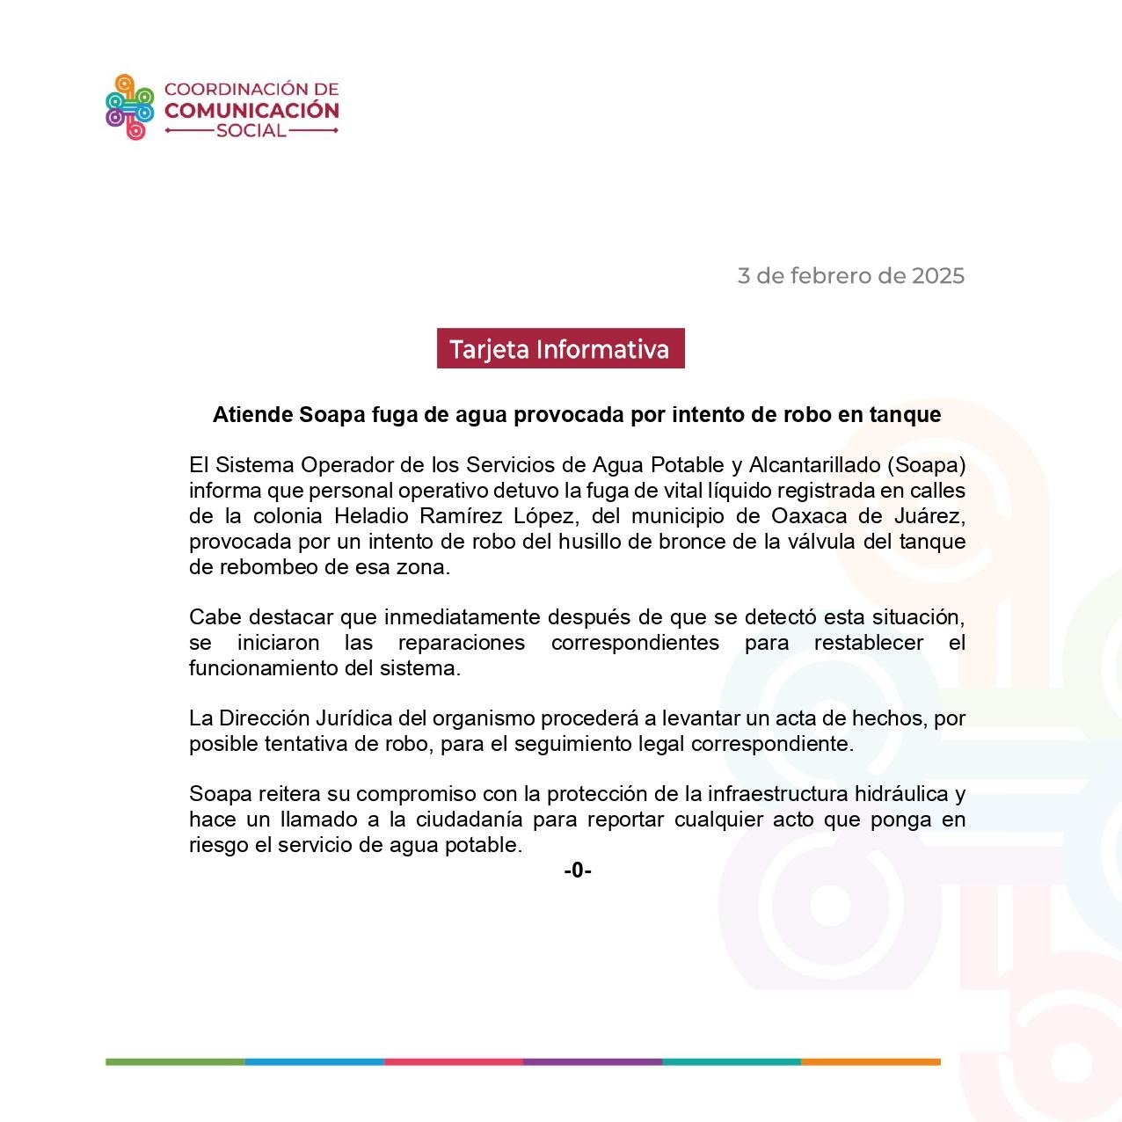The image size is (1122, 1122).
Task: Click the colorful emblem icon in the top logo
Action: point(130,107)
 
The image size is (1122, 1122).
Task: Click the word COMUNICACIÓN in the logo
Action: point(251,111)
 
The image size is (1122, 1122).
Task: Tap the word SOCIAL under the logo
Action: point(251,131)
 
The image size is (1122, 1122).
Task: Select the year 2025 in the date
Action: point(937,276)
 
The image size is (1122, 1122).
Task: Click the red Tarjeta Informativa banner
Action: point(560,349)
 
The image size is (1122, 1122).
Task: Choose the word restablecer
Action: point(868,643)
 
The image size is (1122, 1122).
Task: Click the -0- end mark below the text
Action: point(578,871)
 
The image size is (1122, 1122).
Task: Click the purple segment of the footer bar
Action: point(593,1062)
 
